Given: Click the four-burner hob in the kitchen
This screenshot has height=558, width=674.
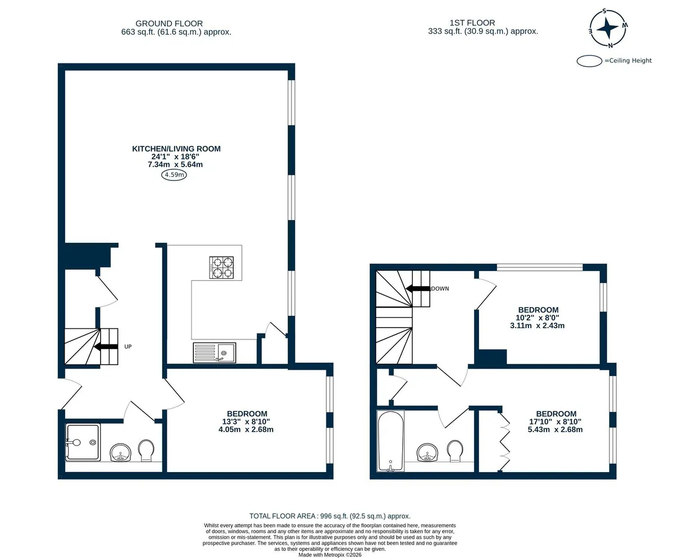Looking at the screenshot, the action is (221, 267).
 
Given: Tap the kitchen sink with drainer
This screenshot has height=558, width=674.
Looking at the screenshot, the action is (215, 353).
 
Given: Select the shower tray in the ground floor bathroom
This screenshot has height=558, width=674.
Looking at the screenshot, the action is (83, 442).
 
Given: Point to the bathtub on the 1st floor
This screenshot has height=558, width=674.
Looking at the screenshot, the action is (390, 441).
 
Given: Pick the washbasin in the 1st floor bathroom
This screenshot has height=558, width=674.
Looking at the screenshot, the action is (427, 452).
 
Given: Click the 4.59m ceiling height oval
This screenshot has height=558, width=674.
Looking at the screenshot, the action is (174, 175).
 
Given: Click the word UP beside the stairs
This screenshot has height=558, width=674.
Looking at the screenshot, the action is (128, 347).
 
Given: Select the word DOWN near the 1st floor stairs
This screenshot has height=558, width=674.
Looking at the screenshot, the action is (440, 289).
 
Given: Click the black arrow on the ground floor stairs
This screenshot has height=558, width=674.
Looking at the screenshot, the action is (106, 347).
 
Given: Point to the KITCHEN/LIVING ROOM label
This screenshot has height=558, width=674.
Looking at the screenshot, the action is (176, 149).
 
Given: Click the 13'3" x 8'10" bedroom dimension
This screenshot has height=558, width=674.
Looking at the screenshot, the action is (246, 421).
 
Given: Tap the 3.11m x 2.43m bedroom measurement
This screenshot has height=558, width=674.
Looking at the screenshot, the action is (537, 325).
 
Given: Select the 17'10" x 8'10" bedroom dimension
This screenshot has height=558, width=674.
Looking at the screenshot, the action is (555, 421).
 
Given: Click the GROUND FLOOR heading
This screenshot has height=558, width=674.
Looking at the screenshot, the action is (169, 24).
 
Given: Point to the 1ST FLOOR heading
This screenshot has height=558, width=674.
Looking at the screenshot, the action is (472, 23).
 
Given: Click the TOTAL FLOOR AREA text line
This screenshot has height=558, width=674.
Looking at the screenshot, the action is (330, 516).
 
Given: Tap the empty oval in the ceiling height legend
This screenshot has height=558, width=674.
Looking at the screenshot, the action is (589, 61).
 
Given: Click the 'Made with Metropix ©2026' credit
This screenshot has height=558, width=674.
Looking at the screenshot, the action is (330, 555).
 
